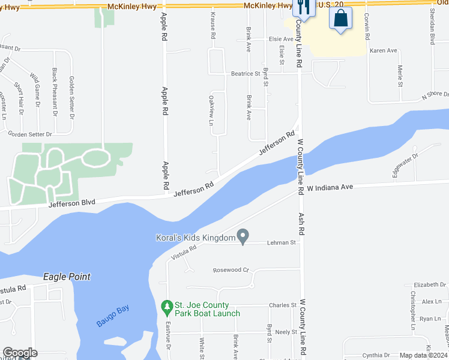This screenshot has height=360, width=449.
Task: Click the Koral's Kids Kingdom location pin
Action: pyautogui.click(x=243, y=237)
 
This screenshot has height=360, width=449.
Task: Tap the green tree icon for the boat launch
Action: pyautogui.click(x=167, y=308)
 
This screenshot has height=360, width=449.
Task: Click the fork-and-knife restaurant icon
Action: pyautogui.click(x=303, y=8)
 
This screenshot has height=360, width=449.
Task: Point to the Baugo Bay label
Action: pyautogui.click(x=113, y=316)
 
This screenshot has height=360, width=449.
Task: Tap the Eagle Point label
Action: pyautogui.click(x=67, y=277)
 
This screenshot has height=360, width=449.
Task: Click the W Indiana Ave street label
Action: pyautogui.click(x=330, y=188)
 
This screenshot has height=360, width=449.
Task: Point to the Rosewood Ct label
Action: pyautogui.click(x=231, y=270)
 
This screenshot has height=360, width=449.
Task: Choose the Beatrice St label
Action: pyautogui.click(x=245, y=74)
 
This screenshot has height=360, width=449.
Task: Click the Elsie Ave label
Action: pyautogui.click(x=281, y=39)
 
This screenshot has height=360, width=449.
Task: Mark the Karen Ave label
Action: pyautogui.click(x=384, y=51)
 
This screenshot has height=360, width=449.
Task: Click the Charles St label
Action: pyautogui.click(x=283, y=305)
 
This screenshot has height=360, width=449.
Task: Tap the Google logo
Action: pyautogui.click(x=20, y=353)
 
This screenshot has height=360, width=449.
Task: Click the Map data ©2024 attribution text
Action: pyautogui.click(x=424, y=355)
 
